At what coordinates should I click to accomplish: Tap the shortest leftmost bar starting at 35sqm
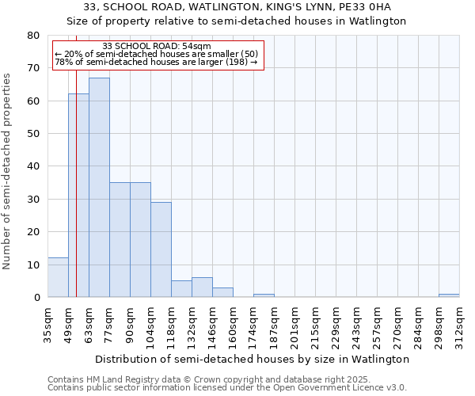click(58, 277)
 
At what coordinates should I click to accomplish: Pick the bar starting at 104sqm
click(161, 249)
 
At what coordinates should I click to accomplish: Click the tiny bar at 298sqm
click(449, 295)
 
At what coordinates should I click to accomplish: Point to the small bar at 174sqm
click(264, 295)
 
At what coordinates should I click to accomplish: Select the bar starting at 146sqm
click(222, 292)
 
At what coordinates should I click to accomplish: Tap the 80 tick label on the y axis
click(33, 36)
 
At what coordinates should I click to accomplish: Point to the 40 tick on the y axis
click(33, 166)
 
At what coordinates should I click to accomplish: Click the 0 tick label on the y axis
click(36, 298)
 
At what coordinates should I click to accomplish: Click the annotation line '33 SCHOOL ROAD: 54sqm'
click(157, 47)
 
